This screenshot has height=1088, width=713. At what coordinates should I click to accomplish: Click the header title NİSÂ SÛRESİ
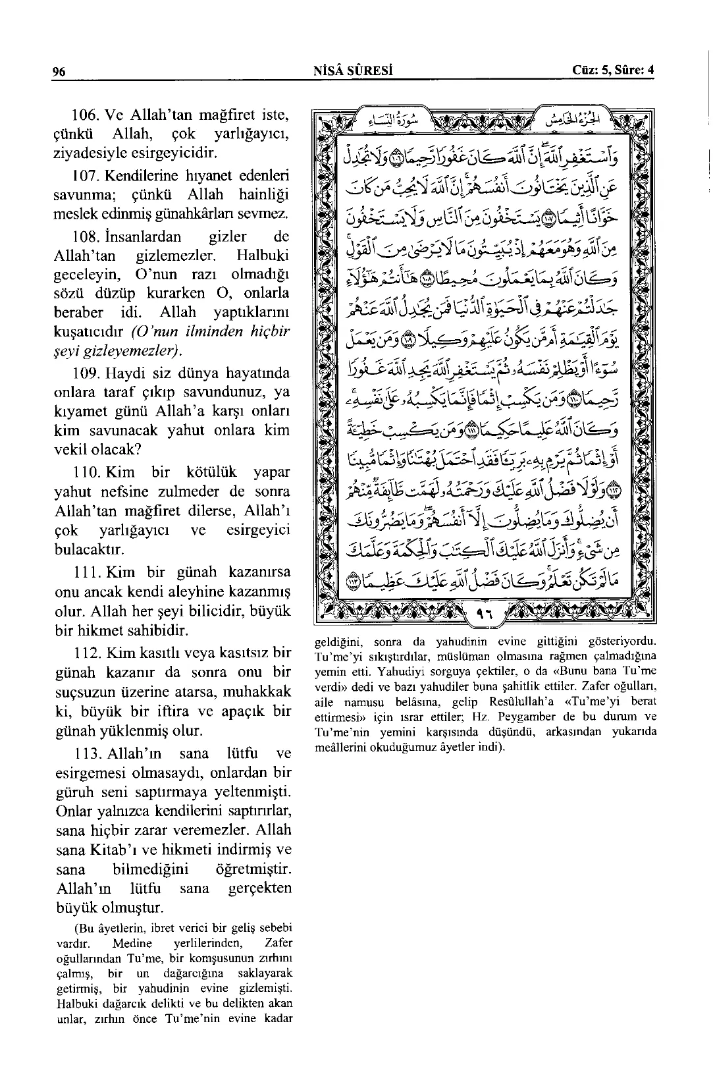pyautogui.click(x=354, y=71)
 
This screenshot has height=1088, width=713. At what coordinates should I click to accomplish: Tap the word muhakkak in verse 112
pyautogui.click(x=257, y=693)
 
